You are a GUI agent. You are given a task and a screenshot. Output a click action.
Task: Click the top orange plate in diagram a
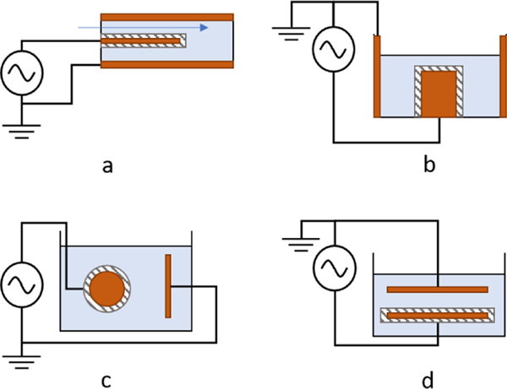click(166, 16)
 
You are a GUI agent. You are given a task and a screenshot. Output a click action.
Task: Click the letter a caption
click(106, 165)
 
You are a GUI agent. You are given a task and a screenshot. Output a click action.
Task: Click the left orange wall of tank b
click(378, 77)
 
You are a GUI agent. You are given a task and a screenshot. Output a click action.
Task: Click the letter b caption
click(429, 165)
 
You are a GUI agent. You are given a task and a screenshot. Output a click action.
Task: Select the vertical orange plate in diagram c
click(168, 287)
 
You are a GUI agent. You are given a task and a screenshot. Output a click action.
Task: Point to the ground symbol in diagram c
click(23, 351)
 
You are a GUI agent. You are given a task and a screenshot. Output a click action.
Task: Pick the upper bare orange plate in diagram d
click(437, 289)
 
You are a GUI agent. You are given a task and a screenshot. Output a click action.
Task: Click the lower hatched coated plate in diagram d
click(437, 316)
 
